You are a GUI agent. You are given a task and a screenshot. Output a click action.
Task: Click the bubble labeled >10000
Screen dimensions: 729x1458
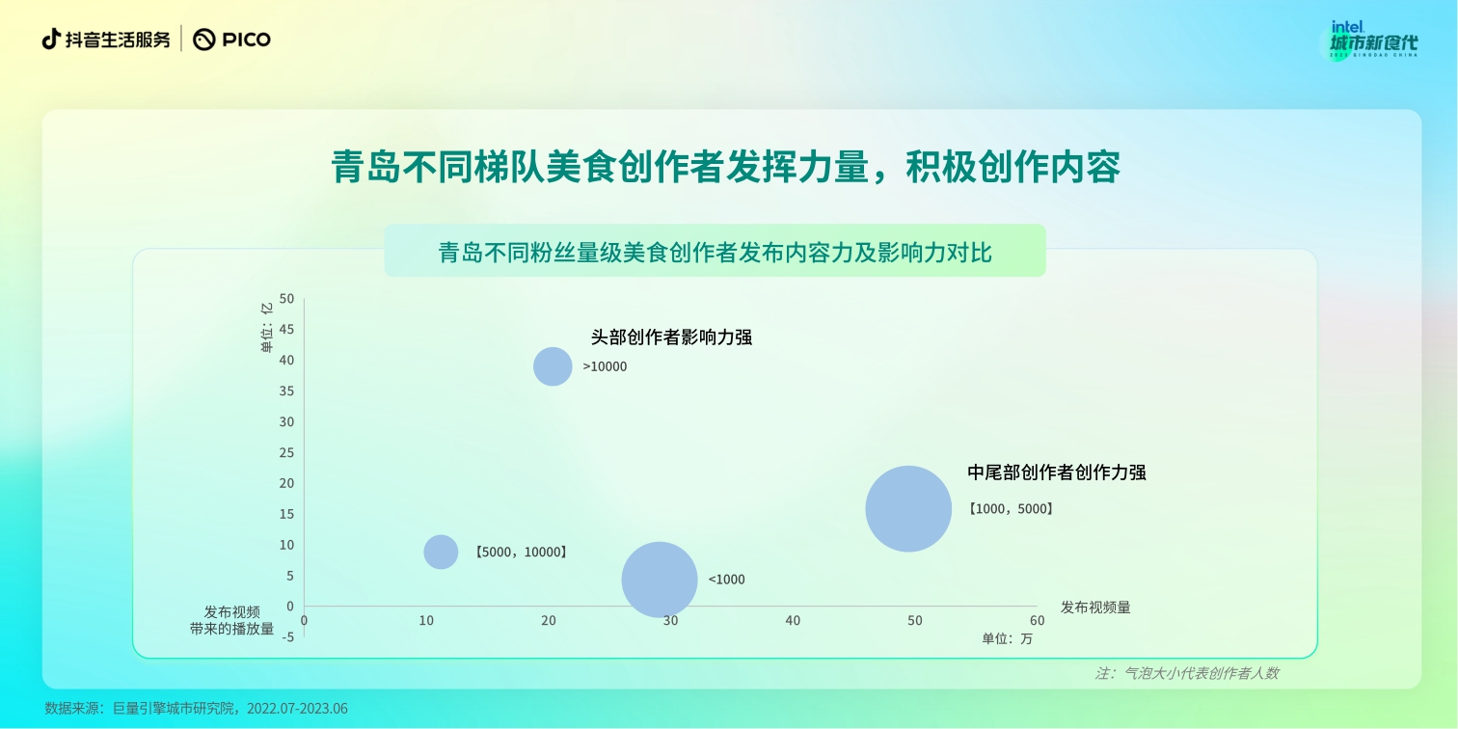pos(553,366)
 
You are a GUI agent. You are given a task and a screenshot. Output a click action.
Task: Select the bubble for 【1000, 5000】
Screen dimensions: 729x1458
pos(908,508)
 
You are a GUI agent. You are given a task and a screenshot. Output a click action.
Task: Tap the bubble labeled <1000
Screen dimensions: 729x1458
pos(660,580)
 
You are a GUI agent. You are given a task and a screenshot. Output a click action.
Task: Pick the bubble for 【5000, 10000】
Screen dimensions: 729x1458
pos(441,552)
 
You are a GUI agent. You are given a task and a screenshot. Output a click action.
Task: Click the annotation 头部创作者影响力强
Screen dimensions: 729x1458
pos(671,337)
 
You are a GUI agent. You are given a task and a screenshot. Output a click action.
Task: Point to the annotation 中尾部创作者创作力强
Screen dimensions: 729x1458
pos(1057,472)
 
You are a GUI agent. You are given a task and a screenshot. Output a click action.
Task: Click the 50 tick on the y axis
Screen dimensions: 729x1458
pos(287,299)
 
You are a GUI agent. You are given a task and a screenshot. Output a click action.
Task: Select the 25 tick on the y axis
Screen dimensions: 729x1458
pos(287,452)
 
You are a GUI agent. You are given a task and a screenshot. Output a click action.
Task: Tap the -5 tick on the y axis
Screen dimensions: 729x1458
pos(288,636)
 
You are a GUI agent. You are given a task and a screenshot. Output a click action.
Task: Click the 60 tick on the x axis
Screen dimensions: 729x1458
pos(1037,621)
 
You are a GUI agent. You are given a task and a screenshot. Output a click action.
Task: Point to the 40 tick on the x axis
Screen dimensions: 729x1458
pos(793,621)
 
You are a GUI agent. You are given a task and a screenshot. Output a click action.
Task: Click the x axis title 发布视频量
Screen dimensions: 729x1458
pos(1095,607)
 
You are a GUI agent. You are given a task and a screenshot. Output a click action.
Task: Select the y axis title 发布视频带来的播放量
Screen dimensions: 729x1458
pos(232,621)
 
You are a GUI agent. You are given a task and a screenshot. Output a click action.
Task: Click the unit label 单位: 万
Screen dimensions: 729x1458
pos(1007,638)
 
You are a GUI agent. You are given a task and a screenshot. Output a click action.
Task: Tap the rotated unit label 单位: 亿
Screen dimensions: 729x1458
pos(267,327)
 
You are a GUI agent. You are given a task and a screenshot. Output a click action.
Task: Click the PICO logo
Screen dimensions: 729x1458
pos(232,40)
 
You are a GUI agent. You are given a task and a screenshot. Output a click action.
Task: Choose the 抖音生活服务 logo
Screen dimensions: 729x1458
pos(106,40)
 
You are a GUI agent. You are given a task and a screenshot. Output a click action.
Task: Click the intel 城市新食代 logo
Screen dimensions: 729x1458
pos(1373,40)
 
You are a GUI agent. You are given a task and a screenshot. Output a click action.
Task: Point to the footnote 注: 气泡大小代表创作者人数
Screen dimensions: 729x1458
pos(1186,673)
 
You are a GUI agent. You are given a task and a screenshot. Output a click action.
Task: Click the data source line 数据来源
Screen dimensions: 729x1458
pos(196,708)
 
